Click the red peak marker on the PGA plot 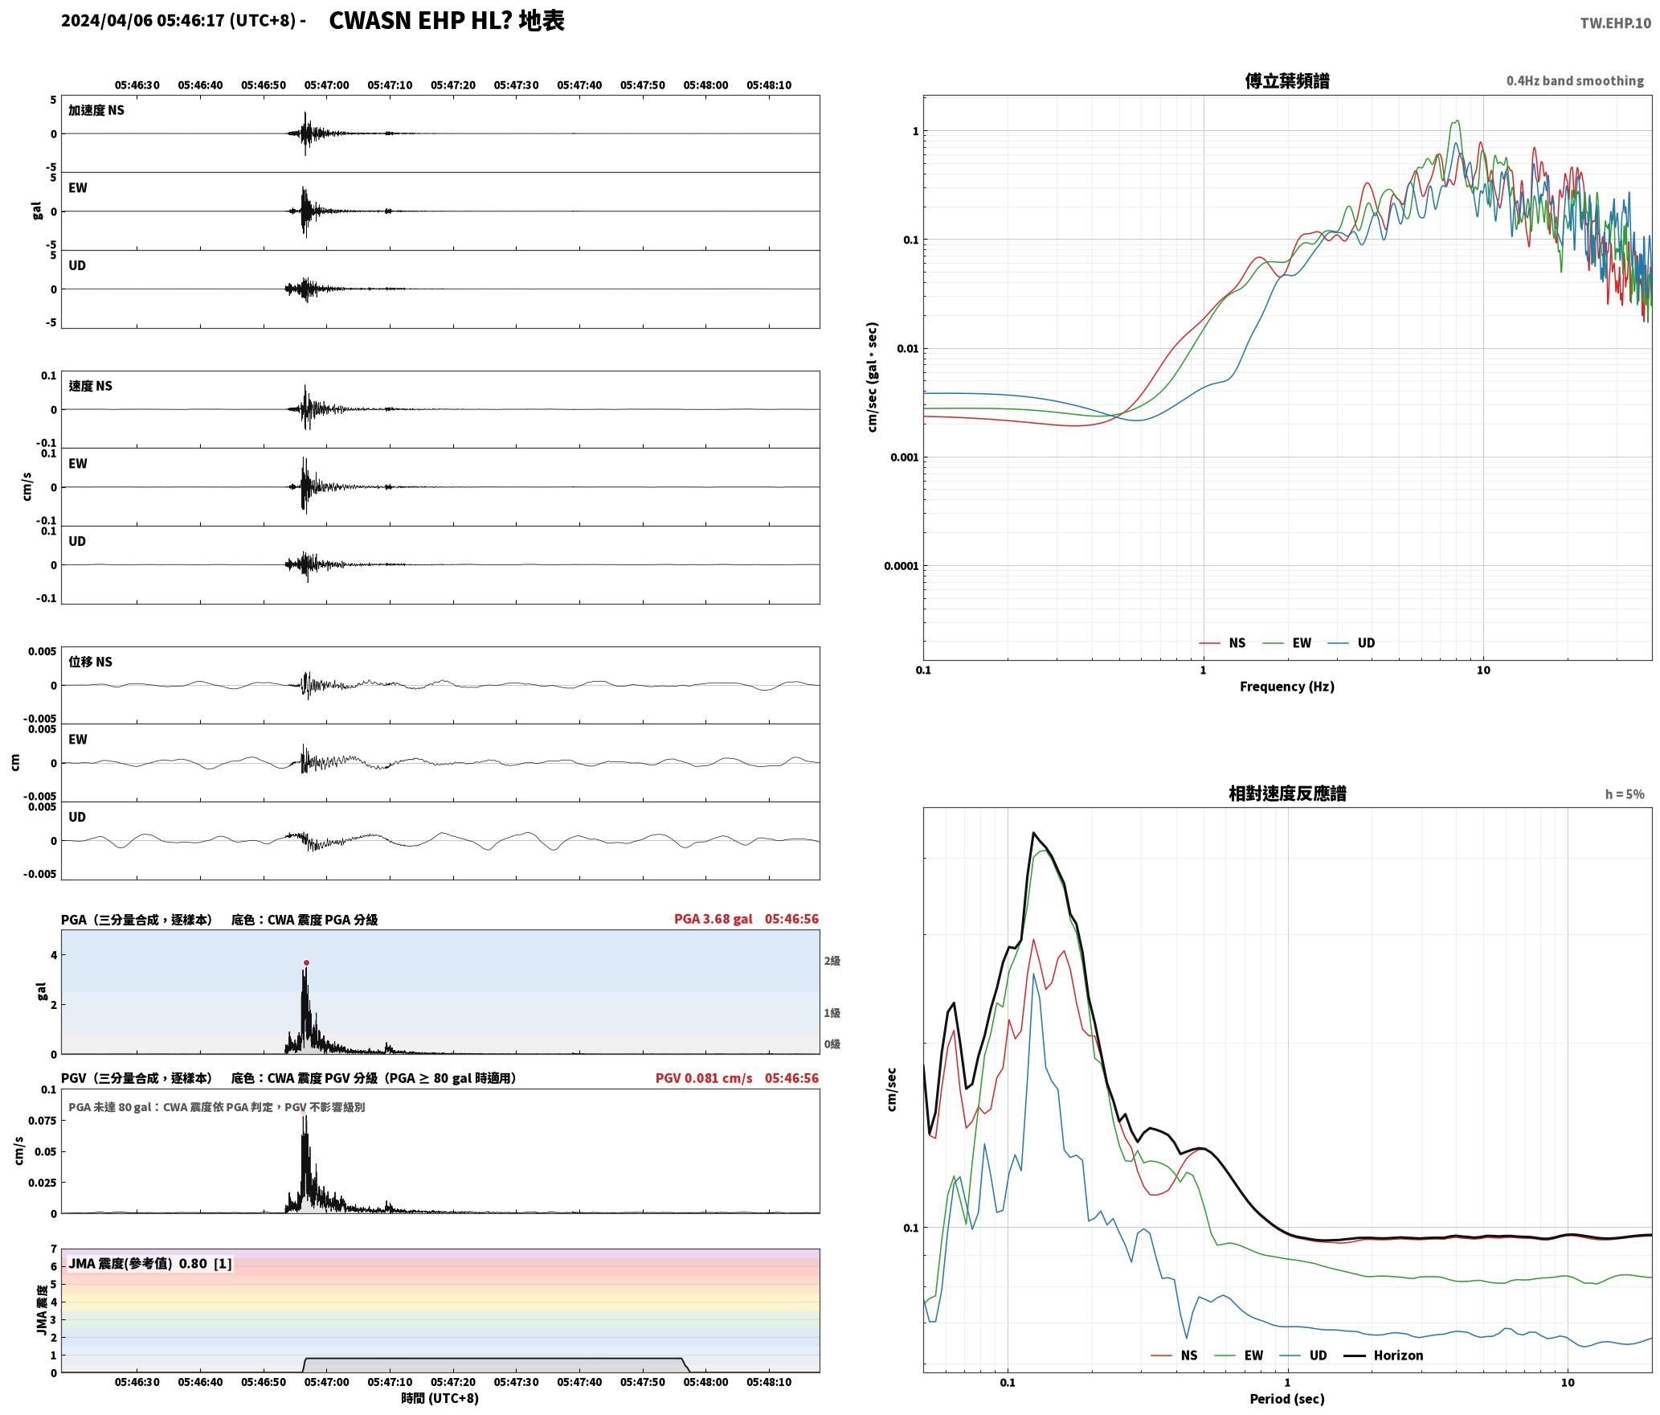(x=306, y=962)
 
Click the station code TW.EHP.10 (x=1615, y=23)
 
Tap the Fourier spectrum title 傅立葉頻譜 (x=1287, y=80)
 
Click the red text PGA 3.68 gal (x=713, y=918)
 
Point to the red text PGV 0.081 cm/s (x=704, y=1077)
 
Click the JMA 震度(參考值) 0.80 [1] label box (x=150, y=1263)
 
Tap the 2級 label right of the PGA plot (x=832, y=961)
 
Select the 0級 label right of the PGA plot (x=832, y=1044)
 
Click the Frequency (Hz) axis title (x=1287, y=686)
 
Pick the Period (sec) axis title (x=1287, y=1398)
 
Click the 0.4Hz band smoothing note (x=1575, y=80)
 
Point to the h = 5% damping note (x=1625, y=794)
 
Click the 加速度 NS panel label (x=96, y=110)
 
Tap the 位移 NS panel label (x=90, y=662)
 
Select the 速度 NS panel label (x=90, y=386)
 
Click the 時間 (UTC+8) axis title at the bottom (x=440, y=1398)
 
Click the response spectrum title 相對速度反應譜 (x=1287, y=794)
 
